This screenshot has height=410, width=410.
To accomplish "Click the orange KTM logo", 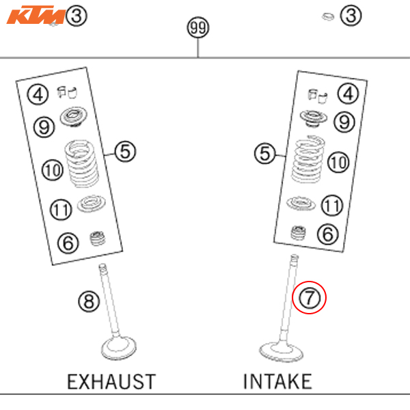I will pyautogui.click(x=36, y=14).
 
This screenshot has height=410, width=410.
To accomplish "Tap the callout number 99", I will pyautogui.click(x=198, y=28).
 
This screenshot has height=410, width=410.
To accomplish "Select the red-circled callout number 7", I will pyautogui.click(x=310, y=299).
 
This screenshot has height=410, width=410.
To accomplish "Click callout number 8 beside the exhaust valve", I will pyautogui.click(x=88, y=301).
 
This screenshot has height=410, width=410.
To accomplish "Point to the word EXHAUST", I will pyautogui.click(x=111, y=381).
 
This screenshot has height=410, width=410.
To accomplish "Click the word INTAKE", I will pyautogui.click(x=277, y=381).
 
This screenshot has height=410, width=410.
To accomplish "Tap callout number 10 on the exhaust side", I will pyautogui.click(x=52, y=169).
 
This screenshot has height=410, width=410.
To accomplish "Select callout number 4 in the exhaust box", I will pyautogui.click(x=38, y=95).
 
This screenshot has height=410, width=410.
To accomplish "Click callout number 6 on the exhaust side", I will pyautogui.click(x=68, y=242).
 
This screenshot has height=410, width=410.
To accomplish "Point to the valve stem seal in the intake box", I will pyautogui.click(x=298, y=232).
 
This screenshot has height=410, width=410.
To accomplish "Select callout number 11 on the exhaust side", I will pyautogui.click(x=61, y=209).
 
